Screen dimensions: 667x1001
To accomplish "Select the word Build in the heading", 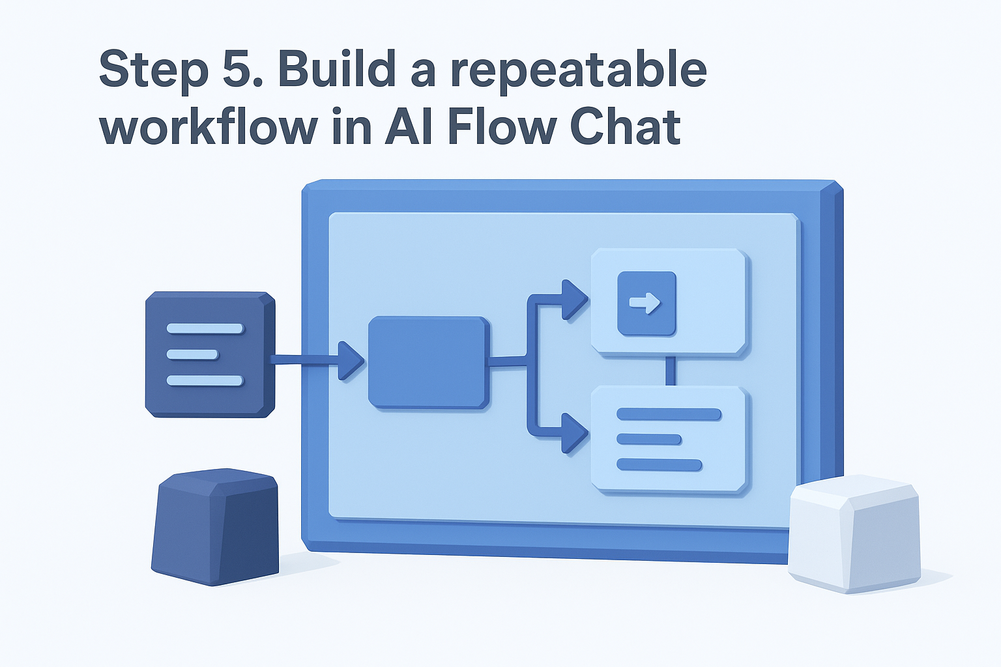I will tap(336, 69).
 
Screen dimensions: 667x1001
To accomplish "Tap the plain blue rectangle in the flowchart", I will tap(428, 362).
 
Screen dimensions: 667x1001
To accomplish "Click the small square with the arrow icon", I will tap(646, 303).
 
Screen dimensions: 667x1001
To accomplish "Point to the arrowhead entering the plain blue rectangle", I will tap(350, 360).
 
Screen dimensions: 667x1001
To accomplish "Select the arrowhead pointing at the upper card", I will tap(573, 300).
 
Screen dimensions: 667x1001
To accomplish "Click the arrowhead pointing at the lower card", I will tap(573, 433).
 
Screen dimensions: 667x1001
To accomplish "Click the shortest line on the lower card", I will tap(649, 440).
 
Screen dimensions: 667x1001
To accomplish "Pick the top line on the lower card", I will tap(669, 414).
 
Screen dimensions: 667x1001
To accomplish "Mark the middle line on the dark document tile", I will tap(192, 354).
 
